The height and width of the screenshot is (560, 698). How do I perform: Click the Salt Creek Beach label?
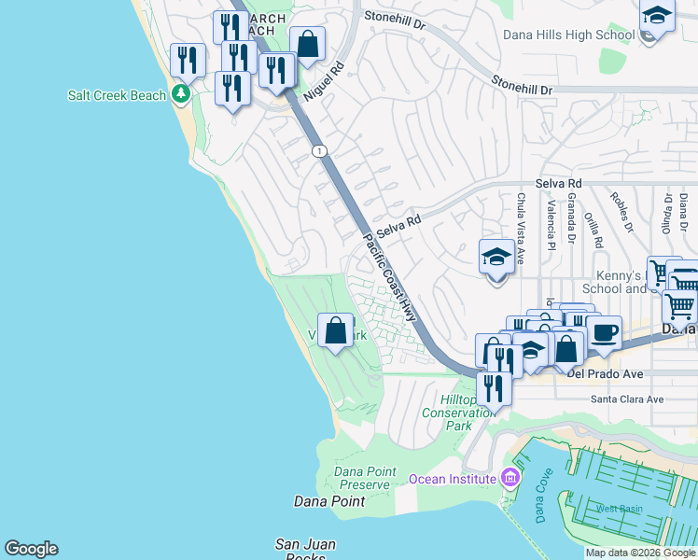click(117, 95)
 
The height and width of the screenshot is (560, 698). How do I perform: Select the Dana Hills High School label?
click(568, 35)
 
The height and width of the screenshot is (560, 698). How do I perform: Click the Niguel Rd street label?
click(325, 81)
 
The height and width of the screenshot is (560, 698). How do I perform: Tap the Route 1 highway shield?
click(320, 150)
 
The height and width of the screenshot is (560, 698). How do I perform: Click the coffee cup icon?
click(604, 332)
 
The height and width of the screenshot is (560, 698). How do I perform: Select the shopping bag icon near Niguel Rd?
click(307, 43)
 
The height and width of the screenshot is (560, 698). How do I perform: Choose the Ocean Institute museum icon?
click(509, 479)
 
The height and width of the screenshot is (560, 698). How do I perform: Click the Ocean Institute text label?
click(452, 479)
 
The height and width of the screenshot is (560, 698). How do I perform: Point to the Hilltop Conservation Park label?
click(458, 412)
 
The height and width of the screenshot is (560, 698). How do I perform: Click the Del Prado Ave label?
click(605, 374)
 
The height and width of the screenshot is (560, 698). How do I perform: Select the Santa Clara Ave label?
click(626, 399)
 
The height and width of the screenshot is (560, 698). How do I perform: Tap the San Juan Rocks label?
click(305, 550)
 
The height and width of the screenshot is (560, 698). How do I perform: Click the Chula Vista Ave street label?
click(521, 217)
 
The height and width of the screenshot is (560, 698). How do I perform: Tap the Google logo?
click(31, 549)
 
